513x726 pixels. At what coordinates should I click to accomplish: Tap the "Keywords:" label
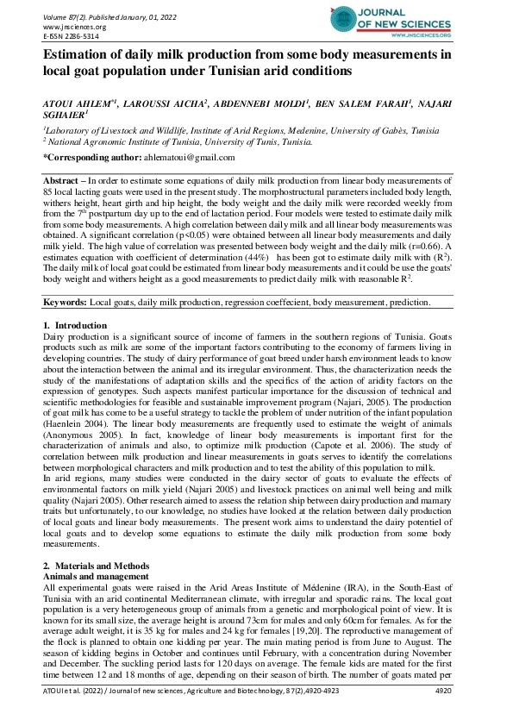click(66, 304)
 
